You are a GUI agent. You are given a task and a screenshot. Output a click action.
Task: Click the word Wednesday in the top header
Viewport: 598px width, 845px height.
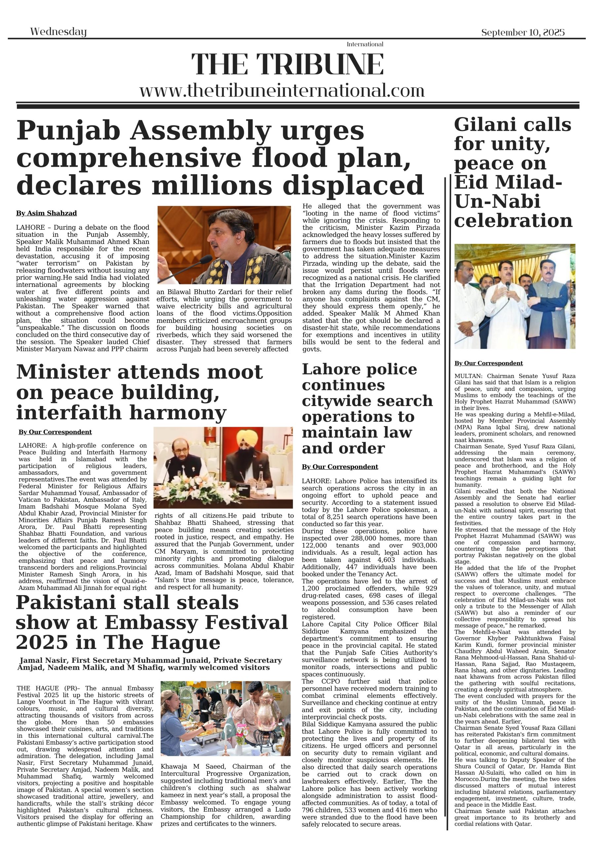pos(58,32)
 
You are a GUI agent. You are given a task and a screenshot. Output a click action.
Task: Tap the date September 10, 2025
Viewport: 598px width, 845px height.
pos(522,32)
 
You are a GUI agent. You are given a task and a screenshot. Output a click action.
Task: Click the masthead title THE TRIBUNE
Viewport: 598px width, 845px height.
pos(287,65)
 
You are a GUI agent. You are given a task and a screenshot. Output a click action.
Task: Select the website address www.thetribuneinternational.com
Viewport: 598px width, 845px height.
pos(282,90)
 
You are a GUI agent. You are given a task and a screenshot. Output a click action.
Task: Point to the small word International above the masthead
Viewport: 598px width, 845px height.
pos(365,44)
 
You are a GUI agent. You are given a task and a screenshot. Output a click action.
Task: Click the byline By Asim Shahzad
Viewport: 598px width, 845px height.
pos(47,213)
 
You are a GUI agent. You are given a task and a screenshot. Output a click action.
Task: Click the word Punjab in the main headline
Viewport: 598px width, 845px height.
pos(68,131)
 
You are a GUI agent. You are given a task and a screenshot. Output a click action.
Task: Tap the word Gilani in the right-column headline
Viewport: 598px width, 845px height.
pos(480,125)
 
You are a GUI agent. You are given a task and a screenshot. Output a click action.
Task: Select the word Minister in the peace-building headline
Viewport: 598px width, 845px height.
pos(63,372)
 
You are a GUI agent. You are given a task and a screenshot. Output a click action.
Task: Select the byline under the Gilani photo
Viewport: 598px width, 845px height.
pos(488,363)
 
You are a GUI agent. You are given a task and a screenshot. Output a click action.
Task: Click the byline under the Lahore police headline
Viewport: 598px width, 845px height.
pos(340,467)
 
